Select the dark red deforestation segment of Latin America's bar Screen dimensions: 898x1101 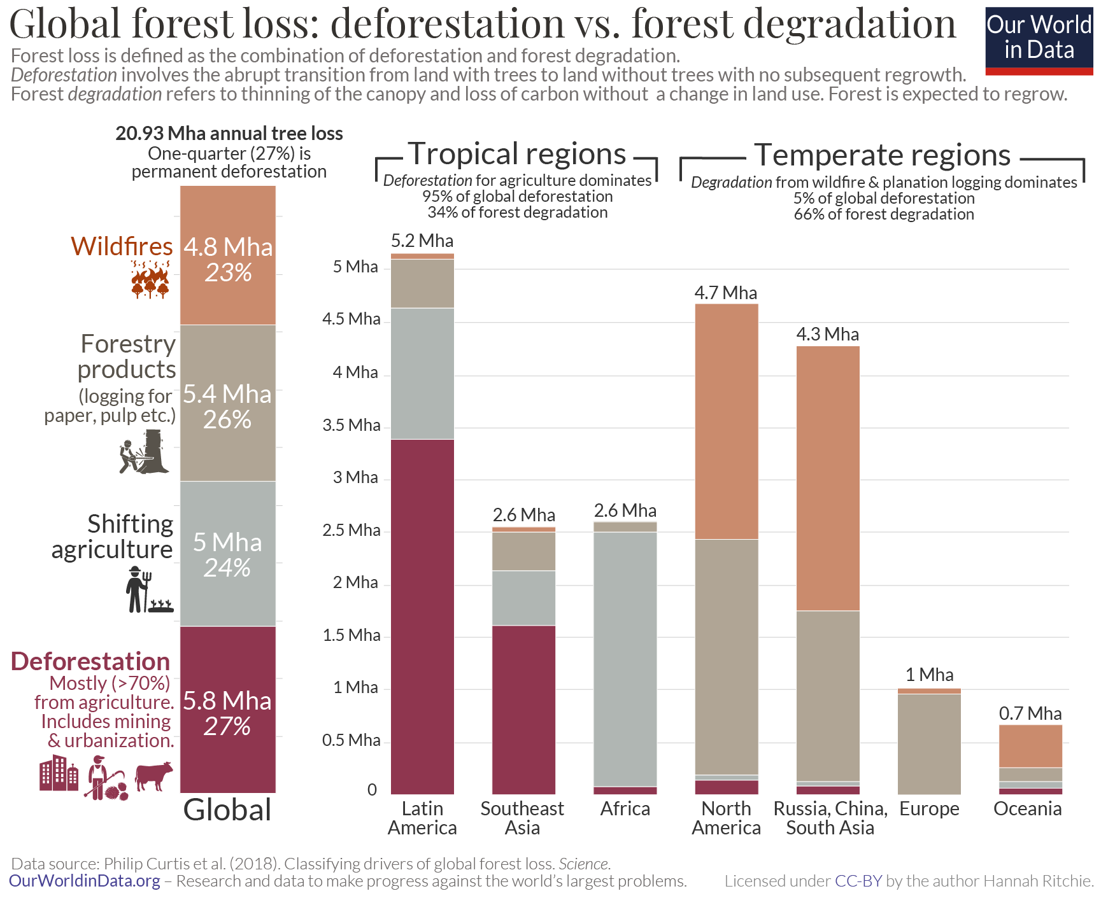click(x=422, y=616)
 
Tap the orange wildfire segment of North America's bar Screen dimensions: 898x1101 click(x=726, y=421)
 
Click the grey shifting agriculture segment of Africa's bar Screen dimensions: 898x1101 click(x=625, y=659)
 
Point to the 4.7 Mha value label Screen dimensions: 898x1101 click(x=725, y=293)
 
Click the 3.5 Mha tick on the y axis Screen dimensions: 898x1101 click(x=351, y=425)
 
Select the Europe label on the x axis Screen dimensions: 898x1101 click(x=928, y=809)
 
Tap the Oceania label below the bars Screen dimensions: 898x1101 click(x=1027, y=809)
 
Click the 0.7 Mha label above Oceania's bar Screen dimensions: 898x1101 click(x=1030, y=713)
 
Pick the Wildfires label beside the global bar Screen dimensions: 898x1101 click(x=122, y=246)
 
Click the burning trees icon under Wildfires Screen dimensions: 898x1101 click(x=150, y=281)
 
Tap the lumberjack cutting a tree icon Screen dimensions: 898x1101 click(x=145, y=452)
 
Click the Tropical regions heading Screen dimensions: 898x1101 click(x=517, y=154)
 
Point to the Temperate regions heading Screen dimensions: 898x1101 click(x=882, y=155)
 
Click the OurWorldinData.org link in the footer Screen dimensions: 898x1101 click(x=84, y=881)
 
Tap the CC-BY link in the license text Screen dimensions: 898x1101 click(x=858, y=881)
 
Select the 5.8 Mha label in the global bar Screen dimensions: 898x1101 click(x=227, y=701)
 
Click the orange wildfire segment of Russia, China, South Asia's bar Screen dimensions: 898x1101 click(x=827, y=478)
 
